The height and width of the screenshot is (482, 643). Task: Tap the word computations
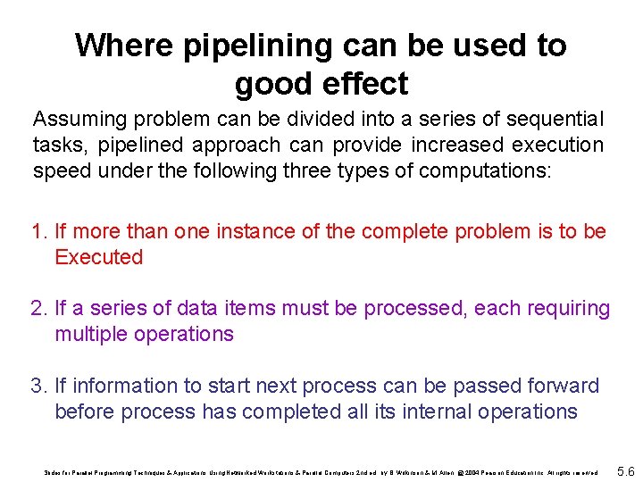(x=484, y=170)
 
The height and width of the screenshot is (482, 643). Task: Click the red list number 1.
(x=38, y=232)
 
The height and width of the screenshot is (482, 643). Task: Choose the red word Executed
(x=99, y=258)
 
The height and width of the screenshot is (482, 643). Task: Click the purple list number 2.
(x=38, y=309)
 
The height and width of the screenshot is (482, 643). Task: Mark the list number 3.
(x=38, y=386)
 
